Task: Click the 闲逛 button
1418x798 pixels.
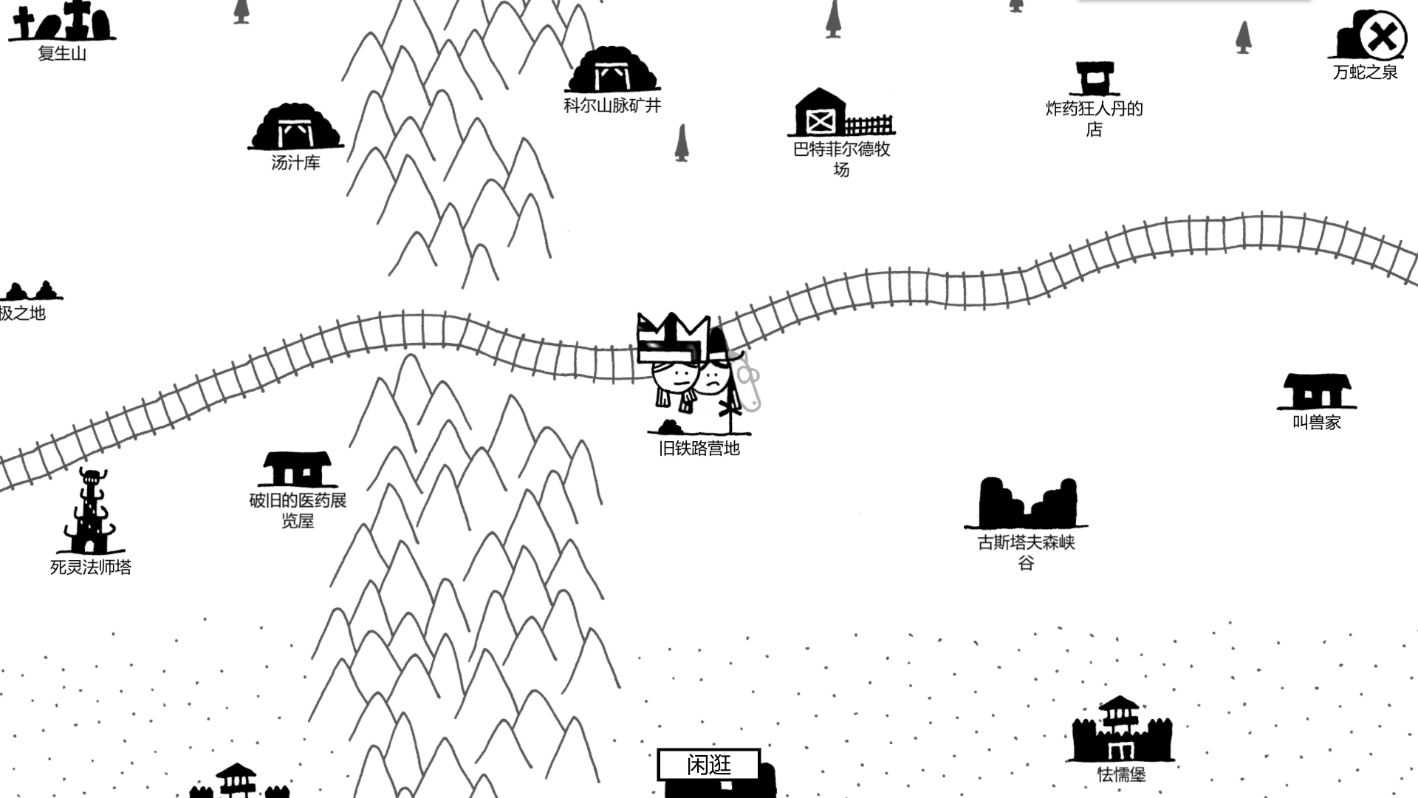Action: [x=708, y=765]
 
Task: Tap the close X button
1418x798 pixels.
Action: [x=1383, y=35]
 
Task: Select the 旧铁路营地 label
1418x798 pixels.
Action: [x=699, y=449]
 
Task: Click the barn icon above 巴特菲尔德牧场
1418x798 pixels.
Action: [x=821, y=113]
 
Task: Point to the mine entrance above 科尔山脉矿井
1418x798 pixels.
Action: [x=612, y=72]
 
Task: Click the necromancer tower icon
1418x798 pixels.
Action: [x=91, y=513]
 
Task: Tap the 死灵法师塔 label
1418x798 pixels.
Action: [x=91, y=567]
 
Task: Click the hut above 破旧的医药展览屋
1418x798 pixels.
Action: [x=297, y=469]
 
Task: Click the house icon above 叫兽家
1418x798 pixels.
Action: [x=1317, y=392]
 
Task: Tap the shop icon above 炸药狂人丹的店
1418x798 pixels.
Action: [x=1095, y=78]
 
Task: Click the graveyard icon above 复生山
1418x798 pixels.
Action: [x=62, y=22]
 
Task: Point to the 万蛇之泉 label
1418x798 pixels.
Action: [x=1365, y=72]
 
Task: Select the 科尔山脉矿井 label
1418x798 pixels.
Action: [x=612, y=106]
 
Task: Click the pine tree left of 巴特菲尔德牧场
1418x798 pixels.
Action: [x=682, y=143]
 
